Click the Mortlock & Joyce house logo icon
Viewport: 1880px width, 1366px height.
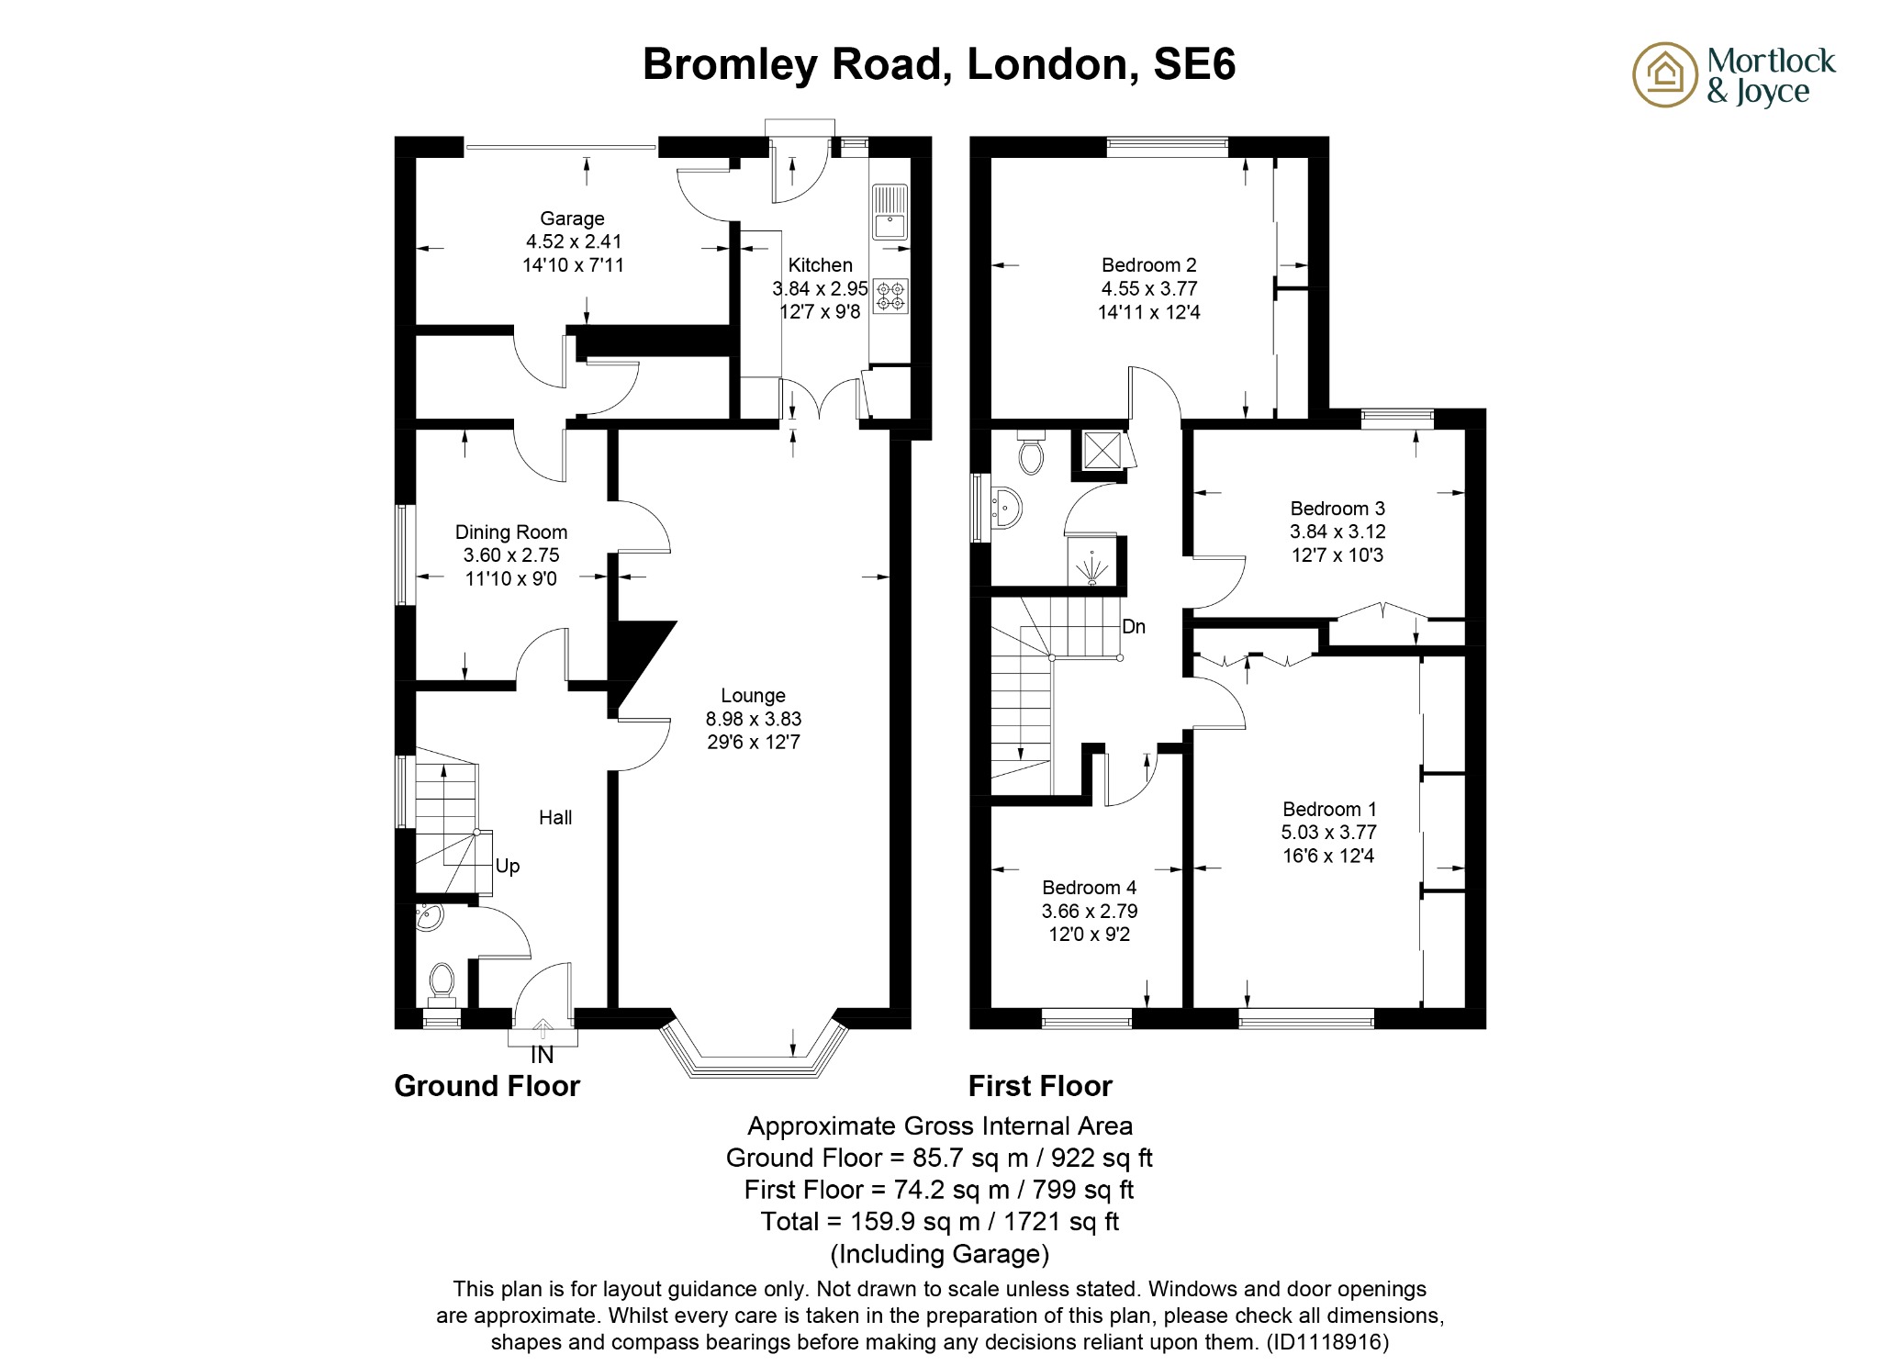[1663, 74]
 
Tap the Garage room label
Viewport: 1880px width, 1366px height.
[572, 218]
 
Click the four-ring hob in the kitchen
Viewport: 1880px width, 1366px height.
[890, 296]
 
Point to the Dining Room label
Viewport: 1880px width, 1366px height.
[511, 532]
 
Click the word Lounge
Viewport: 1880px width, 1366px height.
[753, 696]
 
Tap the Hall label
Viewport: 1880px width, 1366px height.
[555, 818]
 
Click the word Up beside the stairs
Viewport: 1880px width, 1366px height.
[508, 866]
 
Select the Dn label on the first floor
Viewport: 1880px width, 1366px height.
[1134, 627]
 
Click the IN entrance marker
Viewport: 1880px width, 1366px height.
[543, 1056]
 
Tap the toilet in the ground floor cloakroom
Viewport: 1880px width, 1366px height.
[442, 981]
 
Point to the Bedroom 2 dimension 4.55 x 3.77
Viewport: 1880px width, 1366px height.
[1149, 288]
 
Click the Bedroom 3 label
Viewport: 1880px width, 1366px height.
[1337, 509]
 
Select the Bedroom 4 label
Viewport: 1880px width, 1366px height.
[1089, 888]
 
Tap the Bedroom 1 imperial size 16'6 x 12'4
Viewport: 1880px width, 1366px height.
[1328, 857]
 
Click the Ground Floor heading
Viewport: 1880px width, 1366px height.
[487, 1086]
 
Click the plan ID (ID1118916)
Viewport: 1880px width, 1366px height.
[1327, 1342]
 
